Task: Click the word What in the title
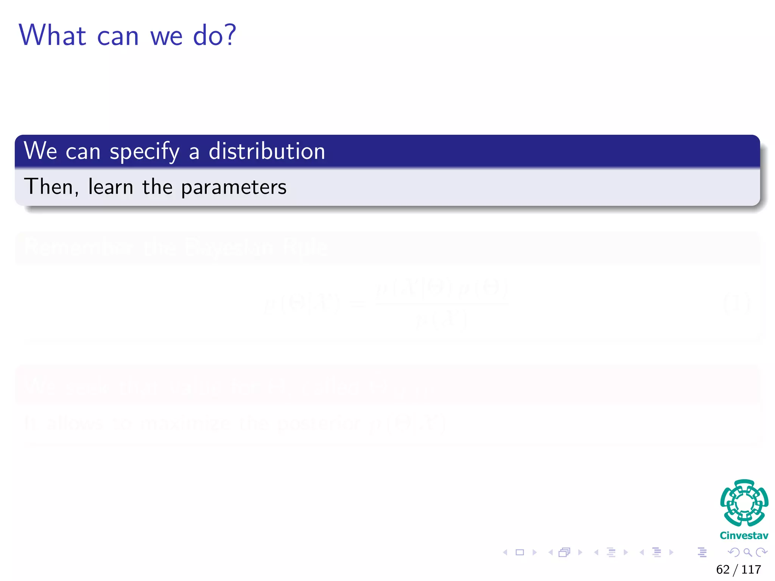pyautogui.click(x=53, y=35)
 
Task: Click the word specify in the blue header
pyautogui.click(x=145, y=152)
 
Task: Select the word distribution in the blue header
pyautogui.click(x=267, y=151)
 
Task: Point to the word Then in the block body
pyautogui.click(x=50, y=187)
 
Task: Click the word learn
pyautogui.click(x=110, y=187)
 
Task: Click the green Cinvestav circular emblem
pyautogui.click(x=744, y=503)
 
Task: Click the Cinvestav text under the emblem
pyautogui.click(x=744, y=536)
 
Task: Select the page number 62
pyautogui.click(x=723, y=570)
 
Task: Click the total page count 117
pyautogui.click(x=751, y=570)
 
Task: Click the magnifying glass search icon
pyautogui.click(x=748, y=553)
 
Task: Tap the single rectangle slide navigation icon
pyautogui.click(x=520, y=553)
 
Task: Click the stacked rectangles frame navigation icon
pyautogui.click(x=564, y=553)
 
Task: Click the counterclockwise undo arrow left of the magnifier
pyautogui.click(x=734, y=553)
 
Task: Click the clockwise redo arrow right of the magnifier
pyautogui.click(x=761, y=553)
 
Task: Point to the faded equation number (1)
pyautogui.click(x=736, y=303)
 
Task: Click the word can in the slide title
pyautogui.click(x=118, y=37)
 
